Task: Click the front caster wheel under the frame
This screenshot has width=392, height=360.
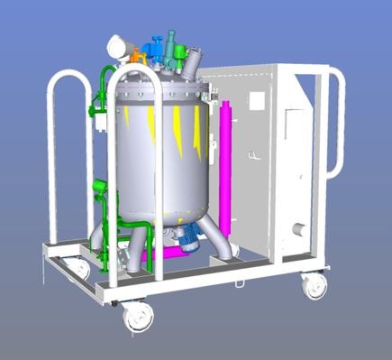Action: click(139, 316)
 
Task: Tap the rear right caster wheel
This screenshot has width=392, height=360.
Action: click(314, 287)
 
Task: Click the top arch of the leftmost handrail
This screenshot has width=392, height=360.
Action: click(68, 77)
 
